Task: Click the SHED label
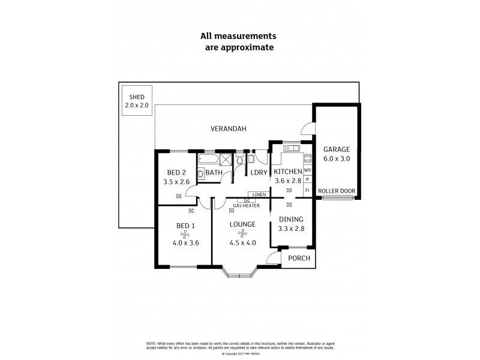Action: [x=136, y=96]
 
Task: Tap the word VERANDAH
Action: [x=229, y=129]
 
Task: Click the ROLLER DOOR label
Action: [x=337, y=191]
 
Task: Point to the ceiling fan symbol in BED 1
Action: [x=185, y=234]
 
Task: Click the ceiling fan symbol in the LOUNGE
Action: [x=242, y=234]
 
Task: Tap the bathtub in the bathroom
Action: [x=208, y=160]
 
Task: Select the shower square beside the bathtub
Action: [x=226, y=160]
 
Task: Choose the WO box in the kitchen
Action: [x=307, y=170]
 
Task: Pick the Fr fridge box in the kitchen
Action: [x=307, y=190]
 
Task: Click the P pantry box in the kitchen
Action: [x=307, y=179]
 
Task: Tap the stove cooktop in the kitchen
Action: [x=307, y=158]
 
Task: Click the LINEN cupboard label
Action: [x=259, y=194]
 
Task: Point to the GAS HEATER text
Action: [x=246, y=205]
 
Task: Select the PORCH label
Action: [x=299, y=259]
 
